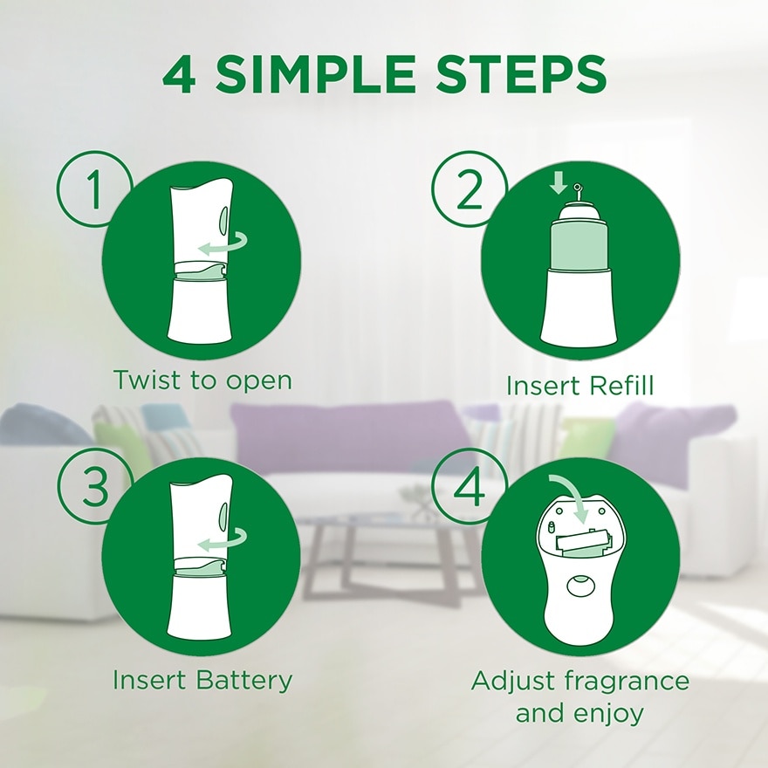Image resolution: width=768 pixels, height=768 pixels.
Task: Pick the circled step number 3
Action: (x=93, y=489)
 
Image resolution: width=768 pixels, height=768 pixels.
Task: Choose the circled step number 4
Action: (x=469, y=489)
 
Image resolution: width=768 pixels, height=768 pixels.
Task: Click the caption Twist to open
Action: (x=202, y=381)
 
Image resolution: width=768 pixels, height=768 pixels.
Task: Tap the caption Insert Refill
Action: (x=579, y=385)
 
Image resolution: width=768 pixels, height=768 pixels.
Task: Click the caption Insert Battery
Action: (x=202, y=680)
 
